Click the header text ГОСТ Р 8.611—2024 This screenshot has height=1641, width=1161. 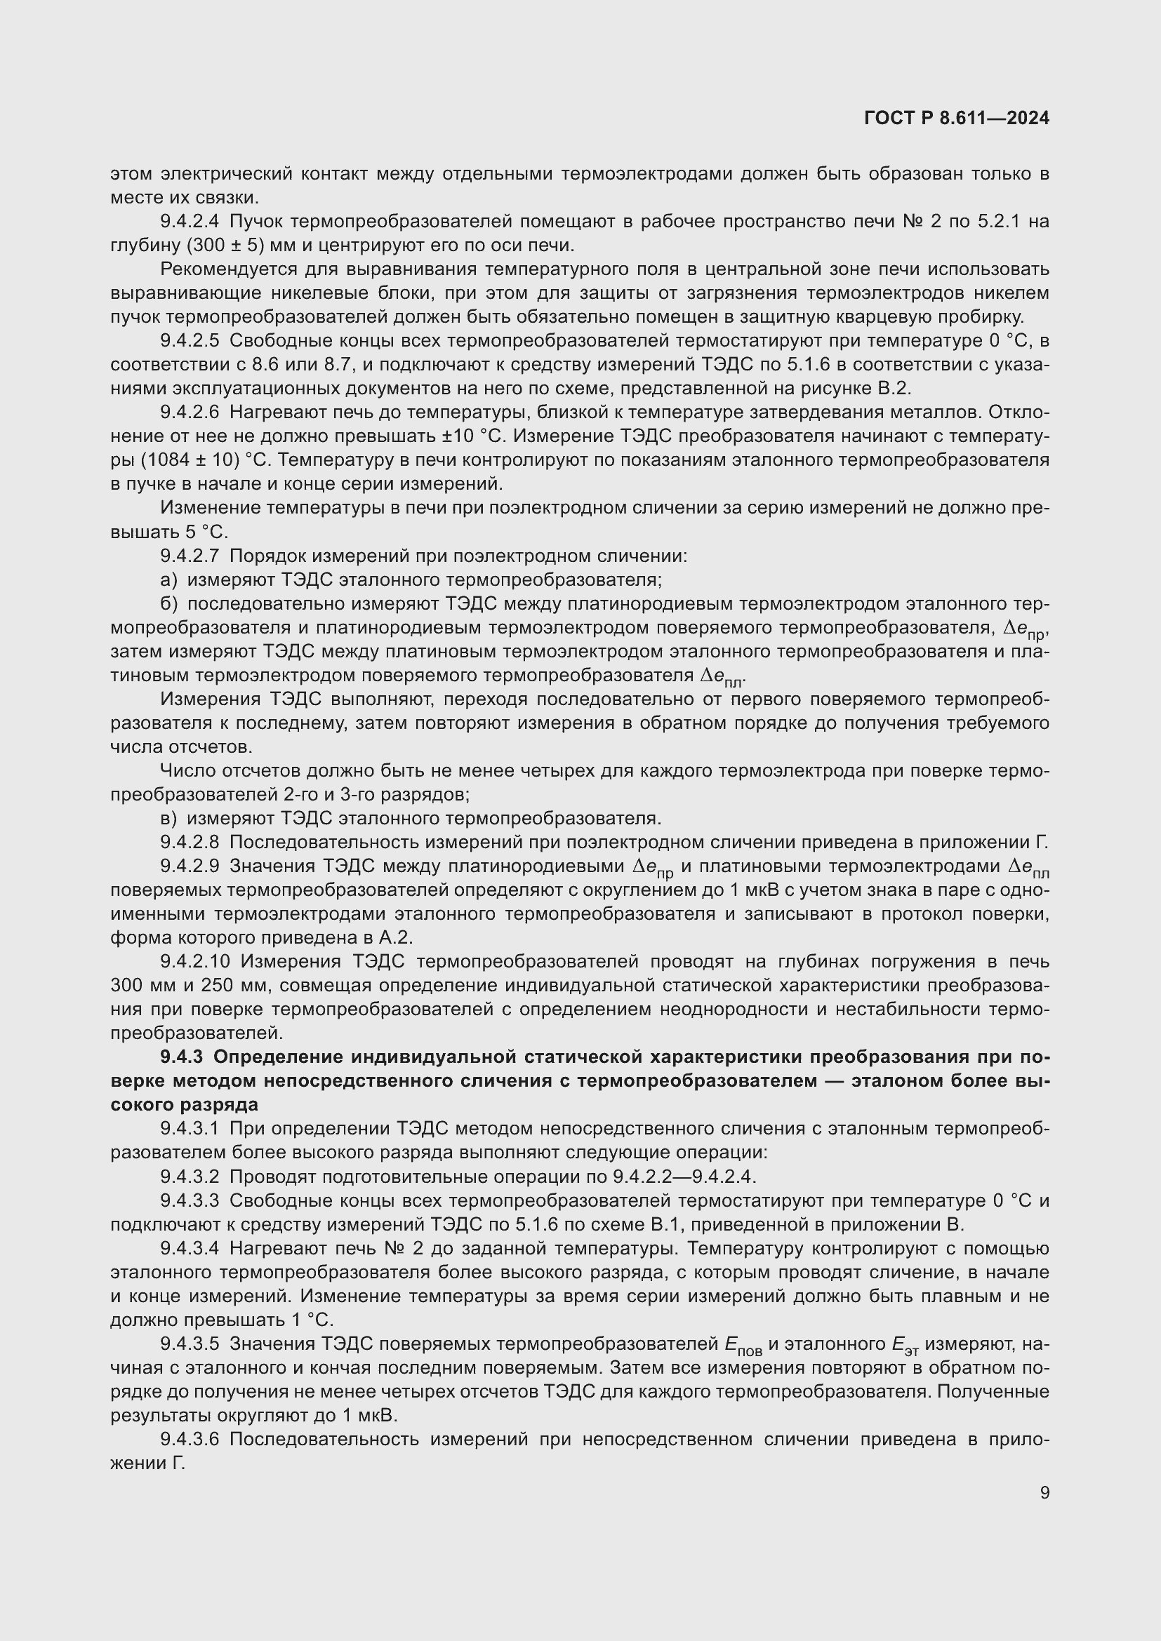(x=957, y=118)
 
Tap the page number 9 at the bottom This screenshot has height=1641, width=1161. (x=1044, y=1492)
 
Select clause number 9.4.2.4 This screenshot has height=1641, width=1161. (x=190, y=222)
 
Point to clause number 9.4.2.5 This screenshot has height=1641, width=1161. (x=190, y=341)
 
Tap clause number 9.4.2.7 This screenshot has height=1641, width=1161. (x=190, y=556)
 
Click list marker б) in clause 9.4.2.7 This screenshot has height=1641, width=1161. (x=168, y=604)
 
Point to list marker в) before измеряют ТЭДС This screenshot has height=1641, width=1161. (x=168, y=818)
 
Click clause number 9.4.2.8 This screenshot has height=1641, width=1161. (x=190, y=842)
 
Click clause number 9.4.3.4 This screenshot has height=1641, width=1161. (x=190, y=1248)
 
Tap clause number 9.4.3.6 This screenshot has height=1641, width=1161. (x=190, y=1439)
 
